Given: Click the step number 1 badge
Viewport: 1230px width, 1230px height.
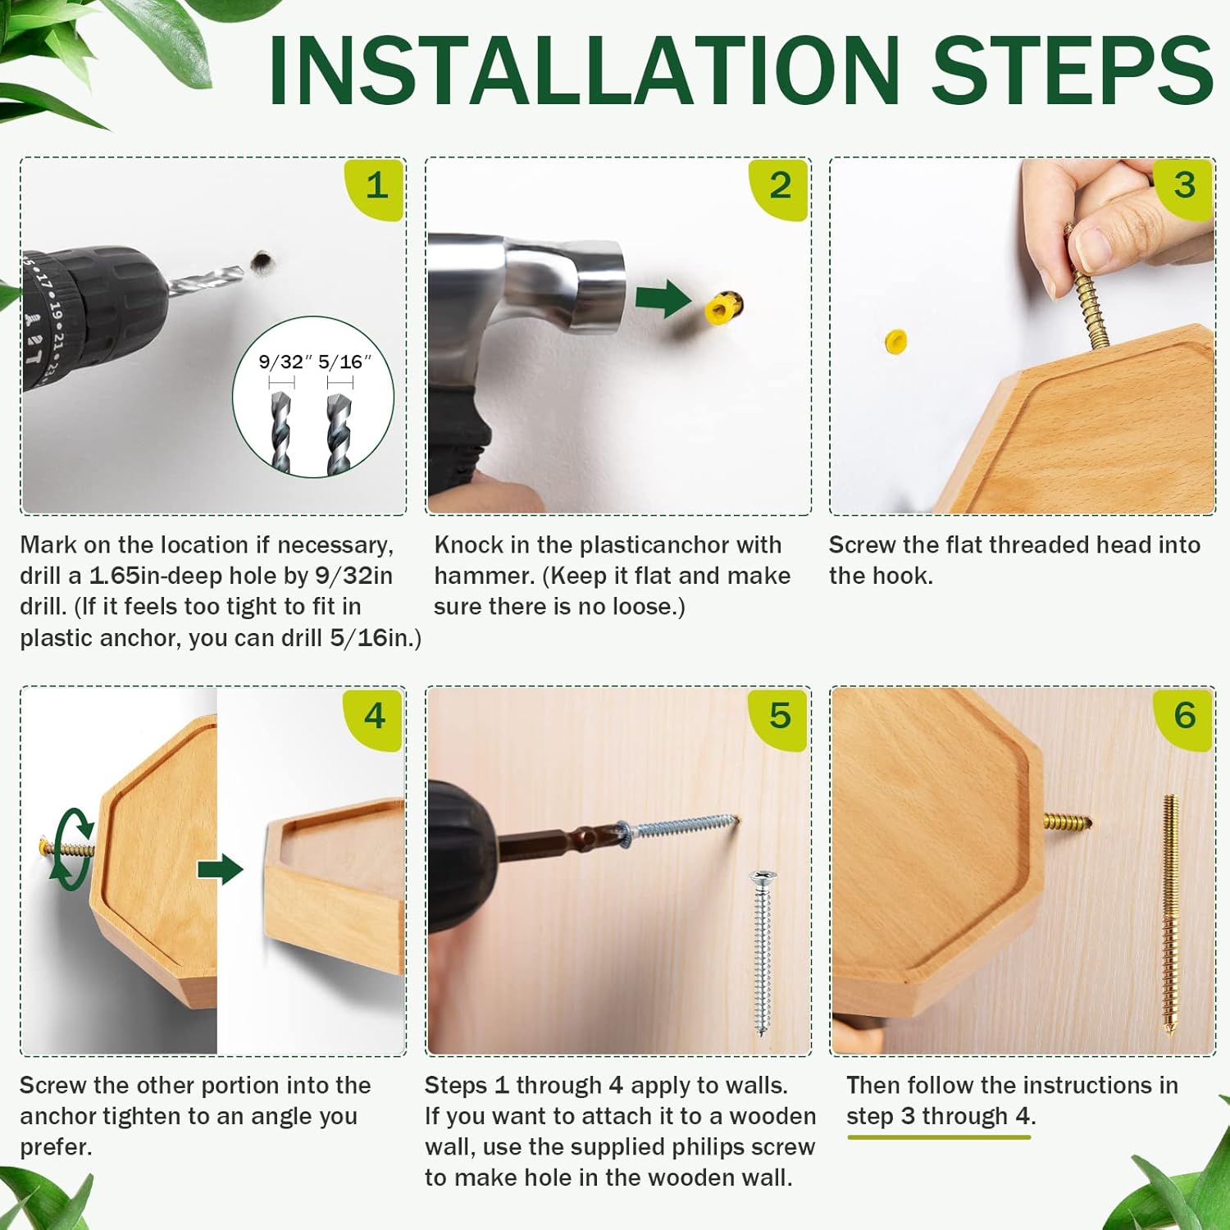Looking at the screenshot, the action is pos(376,189).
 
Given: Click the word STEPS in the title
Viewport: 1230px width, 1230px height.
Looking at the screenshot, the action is pos(1072,71).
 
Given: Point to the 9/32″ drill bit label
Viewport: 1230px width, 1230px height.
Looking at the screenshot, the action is pos(285,362).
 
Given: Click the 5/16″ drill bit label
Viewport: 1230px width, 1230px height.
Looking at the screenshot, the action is pos(344,362).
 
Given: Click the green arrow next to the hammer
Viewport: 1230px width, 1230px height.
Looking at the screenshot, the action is pos(663,298).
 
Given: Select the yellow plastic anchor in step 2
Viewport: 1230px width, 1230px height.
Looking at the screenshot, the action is pos(722,307).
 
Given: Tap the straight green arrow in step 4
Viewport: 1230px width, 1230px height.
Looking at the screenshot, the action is pos(220,870).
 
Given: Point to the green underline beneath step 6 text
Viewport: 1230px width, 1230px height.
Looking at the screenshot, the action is pos(939,1137).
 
